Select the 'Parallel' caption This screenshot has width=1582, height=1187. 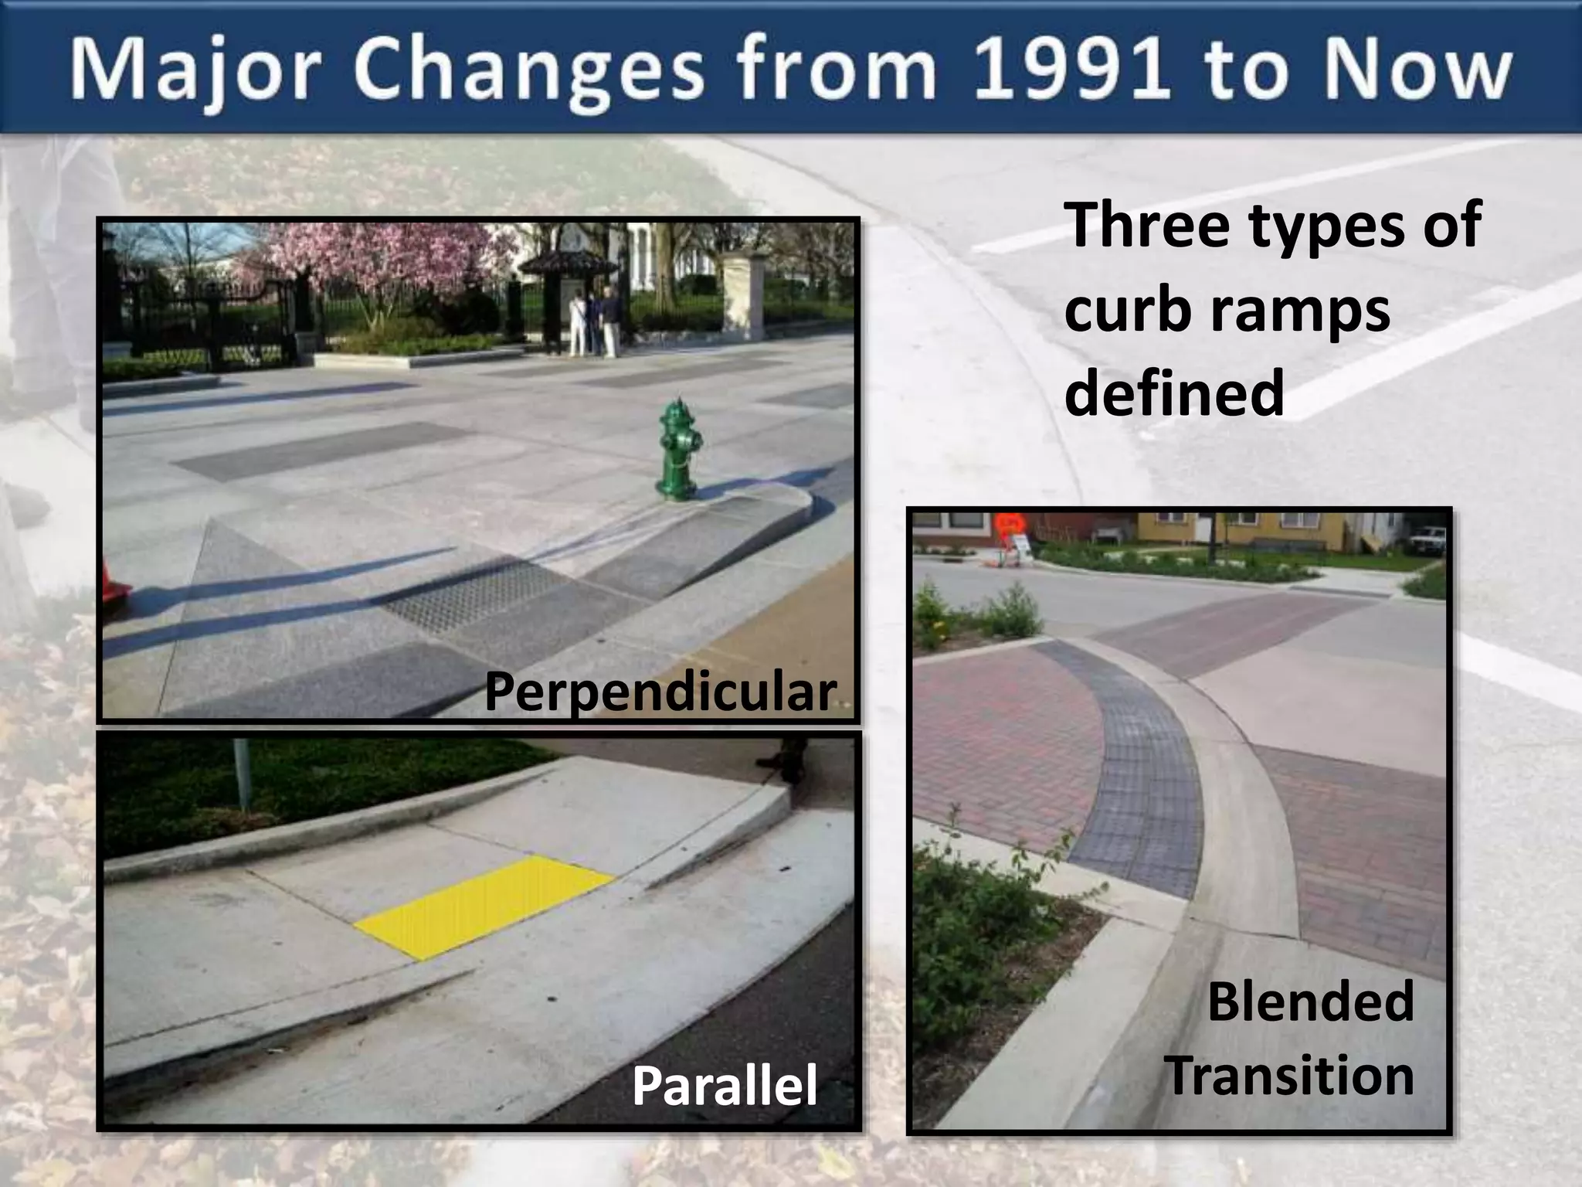[725, 1085]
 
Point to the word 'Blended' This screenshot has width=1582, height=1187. [1310, 1001]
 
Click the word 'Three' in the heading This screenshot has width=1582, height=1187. [1148, 225]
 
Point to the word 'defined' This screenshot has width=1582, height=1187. [1174, 393]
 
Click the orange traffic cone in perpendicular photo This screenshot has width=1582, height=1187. [114, 584]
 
